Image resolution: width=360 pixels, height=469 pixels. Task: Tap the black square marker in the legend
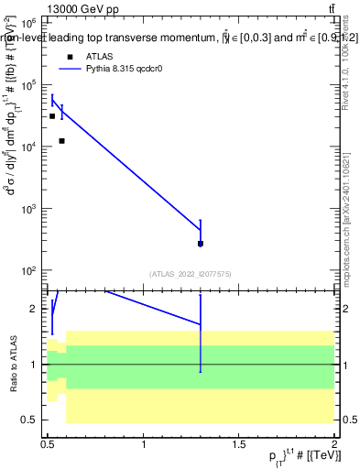pyautogui.click(x=70, y=56)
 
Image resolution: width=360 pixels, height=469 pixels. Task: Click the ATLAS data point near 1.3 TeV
pyautogui.click(x=201, y=244)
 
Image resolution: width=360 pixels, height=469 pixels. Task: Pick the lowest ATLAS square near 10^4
pyautogui.click(x=61, y=140)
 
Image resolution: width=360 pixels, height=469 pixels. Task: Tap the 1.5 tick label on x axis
pyautogui.click(x=239, y=444)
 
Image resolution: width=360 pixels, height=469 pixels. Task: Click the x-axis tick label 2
pyautogui.click(x=335, y=444)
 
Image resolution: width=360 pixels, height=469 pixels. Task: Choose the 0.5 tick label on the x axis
pyautogui.click(x=48, y=444)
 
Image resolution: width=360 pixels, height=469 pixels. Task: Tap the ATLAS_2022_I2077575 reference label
pyautogui.click(x=190, y=273)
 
